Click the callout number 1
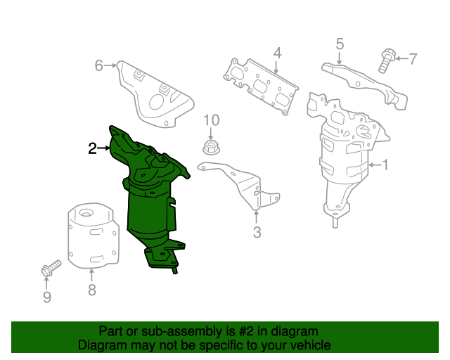tap(385, 166)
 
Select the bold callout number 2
tap(92, 148)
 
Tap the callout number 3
tap(257, 233)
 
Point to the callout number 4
tap(277, 53)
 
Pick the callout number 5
tap(340, 44)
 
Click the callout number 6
tap(99, 66)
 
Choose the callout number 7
tap(413, 58)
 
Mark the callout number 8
tap(91, 289)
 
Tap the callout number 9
tap(47, 297)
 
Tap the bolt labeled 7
tap(385, 59)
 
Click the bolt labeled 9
tap(51, 268)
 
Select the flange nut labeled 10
tap(210, 148)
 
